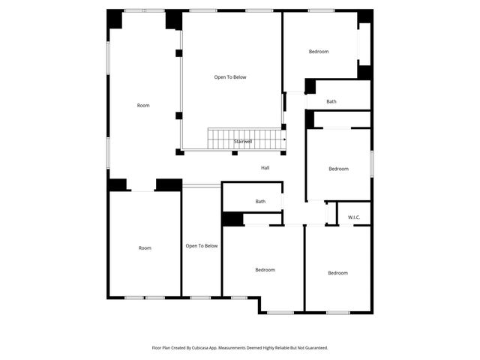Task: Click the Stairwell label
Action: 242,142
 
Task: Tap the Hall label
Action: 265,168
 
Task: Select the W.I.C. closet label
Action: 354,217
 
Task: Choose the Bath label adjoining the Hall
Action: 260,201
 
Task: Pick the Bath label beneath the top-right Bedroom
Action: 331,101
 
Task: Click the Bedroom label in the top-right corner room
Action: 319,51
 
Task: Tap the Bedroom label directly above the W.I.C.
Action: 338,169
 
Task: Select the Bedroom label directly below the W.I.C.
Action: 337,273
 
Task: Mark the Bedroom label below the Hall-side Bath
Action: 265,270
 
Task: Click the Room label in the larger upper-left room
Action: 143,106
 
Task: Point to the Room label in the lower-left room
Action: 145,247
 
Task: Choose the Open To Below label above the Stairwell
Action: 230,77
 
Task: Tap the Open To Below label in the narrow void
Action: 202,246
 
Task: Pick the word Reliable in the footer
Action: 283,348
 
